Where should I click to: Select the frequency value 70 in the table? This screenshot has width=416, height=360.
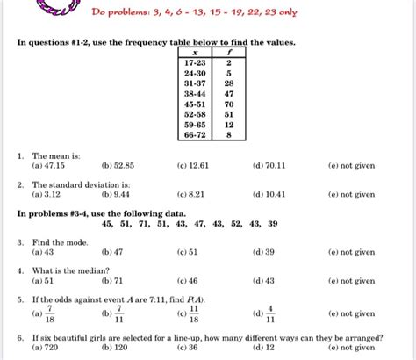pyautogui.click(x=228, y=103)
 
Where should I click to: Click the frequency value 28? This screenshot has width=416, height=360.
pyautogui.click(x=228, y=82)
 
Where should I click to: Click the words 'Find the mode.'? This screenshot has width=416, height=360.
pyautogui.click(x=58, y=241)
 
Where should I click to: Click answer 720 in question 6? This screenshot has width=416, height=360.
pyautogui.click(x=42, y=348)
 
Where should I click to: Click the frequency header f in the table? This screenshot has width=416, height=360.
pyautogui.click(x=228, y=52)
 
